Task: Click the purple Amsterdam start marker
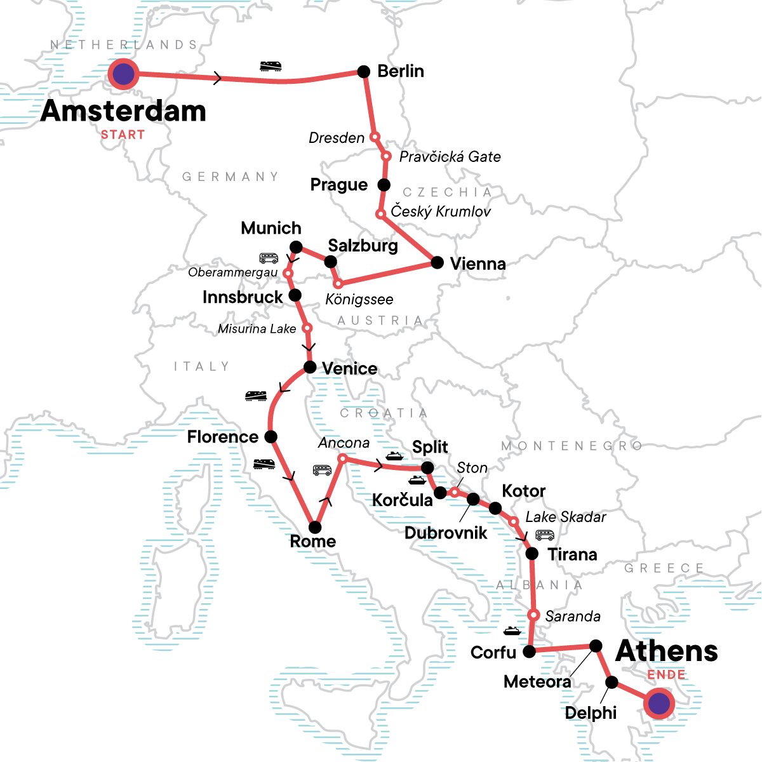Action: tap(124, 74)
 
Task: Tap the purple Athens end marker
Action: tap(660, 704)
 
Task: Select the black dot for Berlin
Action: tap(364, 72)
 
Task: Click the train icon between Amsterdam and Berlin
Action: tap(271, 66)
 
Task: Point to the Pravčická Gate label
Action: tap(450, 157)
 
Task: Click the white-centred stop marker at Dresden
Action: tap(375, 137)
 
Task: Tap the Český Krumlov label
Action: tap(441, 211)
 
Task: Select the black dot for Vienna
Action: tap(437, 262)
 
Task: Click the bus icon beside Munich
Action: tap(269, 258)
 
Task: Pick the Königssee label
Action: tap(359, 299)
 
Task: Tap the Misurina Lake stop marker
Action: tap(307, 328)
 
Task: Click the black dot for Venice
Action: tap(310, 367)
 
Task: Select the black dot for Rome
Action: tap(314, 527)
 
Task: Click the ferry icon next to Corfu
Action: tap(512, 631)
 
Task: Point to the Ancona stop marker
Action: tap(342, 458)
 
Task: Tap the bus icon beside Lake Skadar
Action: tap(545, 535)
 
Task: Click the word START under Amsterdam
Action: tap(123, 135)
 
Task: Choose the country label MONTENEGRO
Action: tap(571, 446)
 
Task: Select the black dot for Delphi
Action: tap(612, 683)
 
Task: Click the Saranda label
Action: tap(572, 616)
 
